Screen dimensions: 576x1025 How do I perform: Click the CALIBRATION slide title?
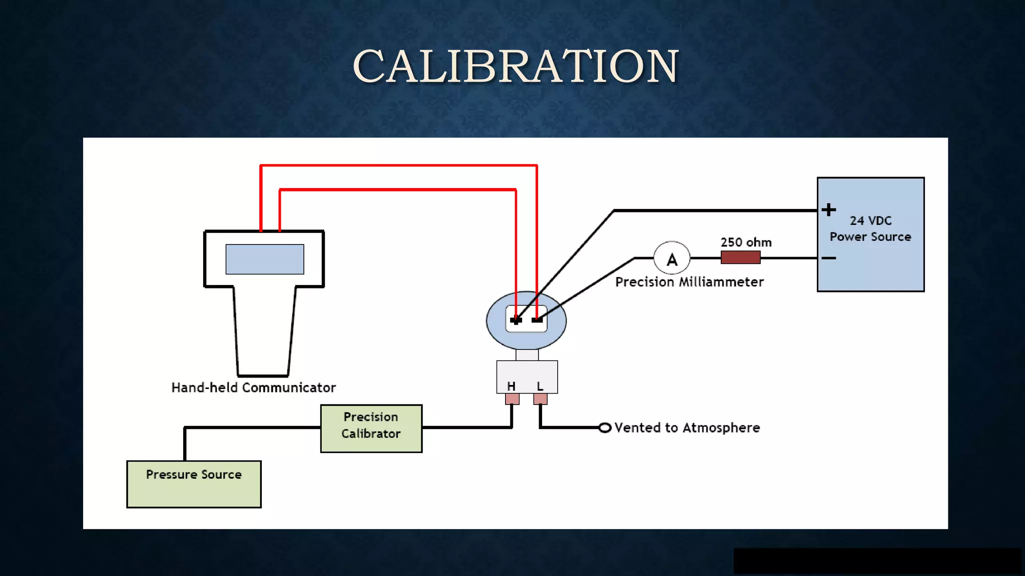coord(515,66)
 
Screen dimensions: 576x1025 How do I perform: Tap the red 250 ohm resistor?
coord(740,257)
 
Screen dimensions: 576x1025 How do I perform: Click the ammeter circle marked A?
coord(672,258)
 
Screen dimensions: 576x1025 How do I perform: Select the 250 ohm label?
coord(746,242)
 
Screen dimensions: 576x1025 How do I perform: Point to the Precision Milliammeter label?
coord(689,282)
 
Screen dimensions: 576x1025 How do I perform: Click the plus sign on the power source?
coord(829,209)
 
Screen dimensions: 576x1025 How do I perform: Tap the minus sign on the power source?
coord(829,258)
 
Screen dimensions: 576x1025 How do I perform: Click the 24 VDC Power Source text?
coord(870,228)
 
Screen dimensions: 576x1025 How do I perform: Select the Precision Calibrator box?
coord(371,428)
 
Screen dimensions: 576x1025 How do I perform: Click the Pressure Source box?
coord(194,483)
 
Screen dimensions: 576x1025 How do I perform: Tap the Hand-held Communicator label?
coord(253,387)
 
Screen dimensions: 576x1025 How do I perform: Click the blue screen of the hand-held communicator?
coord(264,259)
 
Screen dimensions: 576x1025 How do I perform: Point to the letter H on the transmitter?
coord(511,386)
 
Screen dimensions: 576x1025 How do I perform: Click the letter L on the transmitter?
coord(540,386)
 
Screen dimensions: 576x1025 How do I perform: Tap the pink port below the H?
coord(512,399)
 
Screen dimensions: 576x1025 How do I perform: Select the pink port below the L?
coord(540,399)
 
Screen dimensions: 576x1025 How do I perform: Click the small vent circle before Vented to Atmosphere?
coord(605,428)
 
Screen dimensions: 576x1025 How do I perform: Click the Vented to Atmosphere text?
coord(687,428)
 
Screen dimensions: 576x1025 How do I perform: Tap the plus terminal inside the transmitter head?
coord(516,320)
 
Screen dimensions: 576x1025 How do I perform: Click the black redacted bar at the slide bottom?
coord(876,560)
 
